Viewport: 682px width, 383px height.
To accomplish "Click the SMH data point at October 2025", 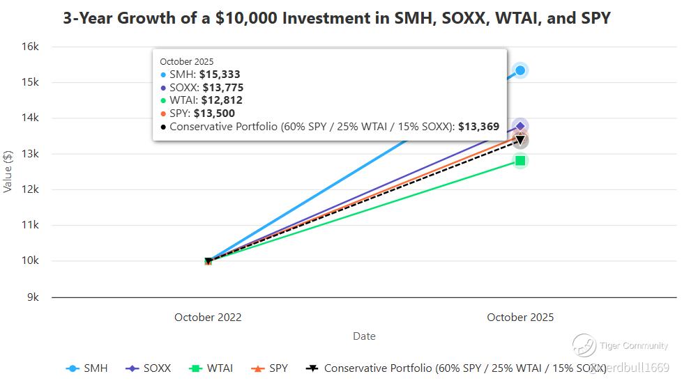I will [x=520, y=70].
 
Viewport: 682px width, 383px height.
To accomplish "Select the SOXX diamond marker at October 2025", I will [x=520, y=126].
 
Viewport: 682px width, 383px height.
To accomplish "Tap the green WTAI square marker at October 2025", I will [x=520, y=161].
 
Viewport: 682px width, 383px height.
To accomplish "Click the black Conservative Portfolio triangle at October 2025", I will [x=520, y=141].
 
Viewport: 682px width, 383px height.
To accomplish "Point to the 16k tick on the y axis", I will [x=29, y=47].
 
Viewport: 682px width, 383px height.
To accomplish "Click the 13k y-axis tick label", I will [x=29, y=154].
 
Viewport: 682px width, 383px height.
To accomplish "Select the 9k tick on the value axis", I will [x=32, y=297].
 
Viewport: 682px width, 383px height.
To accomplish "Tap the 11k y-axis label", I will [x=29, y=226].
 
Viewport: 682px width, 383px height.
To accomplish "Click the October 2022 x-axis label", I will [x=208, y=318].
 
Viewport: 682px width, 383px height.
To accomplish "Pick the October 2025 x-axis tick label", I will [x=520, y=318].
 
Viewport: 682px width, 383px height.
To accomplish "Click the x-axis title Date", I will [x=364, y=336].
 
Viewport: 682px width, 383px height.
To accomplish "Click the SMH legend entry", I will [x=87, y=368].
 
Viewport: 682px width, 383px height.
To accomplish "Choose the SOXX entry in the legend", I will [x=149, y=368].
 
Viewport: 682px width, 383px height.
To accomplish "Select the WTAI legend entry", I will [x=211, y=368].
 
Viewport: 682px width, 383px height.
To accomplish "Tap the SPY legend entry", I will [x=270, y=368].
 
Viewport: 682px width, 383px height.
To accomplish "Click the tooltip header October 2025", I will [x=187, y=62].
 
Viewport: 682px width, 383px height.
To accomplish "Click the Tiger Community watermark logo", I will [x=584, y=345].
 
